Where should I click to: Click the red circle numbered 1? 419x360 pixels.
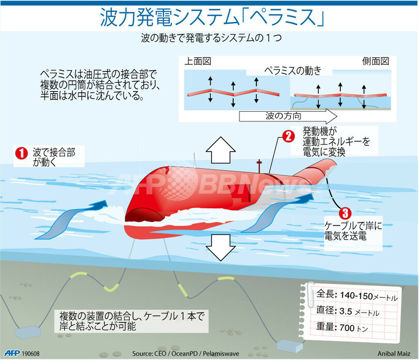pos(21,153)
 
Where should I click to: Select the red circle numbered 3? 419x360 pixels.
pos(345,213)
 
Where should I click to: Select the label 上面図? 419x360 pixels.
pos(198,61)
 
